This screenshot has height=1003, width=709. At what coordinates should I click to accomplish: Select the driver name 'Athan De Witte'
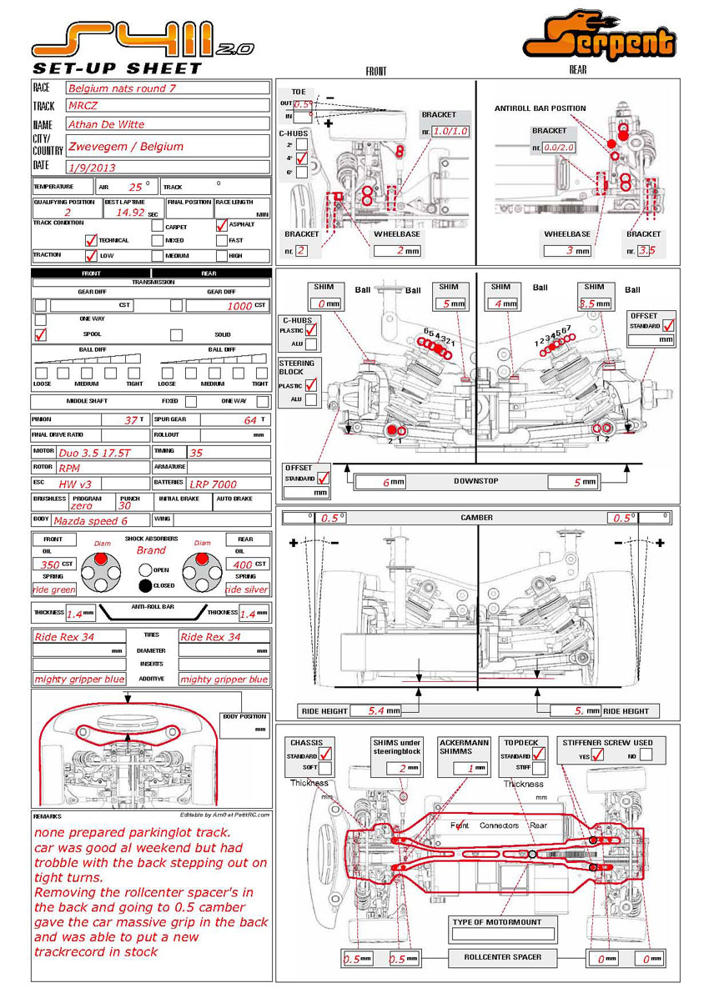105,125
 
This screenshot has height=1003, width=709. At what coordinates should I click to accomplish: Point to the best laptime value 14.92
131,213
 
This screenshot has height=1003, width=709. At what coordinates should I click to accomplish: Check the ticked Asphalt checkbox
222,225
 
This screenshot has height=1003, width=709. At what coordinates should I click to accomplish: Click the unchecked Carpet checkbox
158,225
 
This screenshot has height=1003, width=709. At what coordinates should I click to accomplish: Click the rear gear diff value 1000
239,306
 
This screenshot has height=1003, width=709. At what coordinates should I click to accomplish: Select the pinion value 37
132,420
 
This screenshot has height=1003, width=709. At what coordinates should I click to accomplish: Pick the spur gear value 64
250,420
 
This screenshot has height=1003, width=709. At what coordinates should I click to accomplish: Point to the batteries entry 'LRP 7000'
214,484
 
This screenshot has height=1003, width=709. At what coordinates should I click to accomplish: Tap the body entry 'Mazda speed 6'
90,520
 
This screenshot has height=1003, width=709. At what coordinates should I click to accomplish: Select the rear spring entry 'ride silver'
246,589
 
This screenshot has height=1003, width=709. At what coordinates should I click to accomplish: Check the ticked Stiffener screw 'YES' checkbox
597,756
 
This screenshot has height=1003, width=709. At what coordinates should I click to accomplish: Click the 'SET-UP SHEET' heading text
117,68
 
